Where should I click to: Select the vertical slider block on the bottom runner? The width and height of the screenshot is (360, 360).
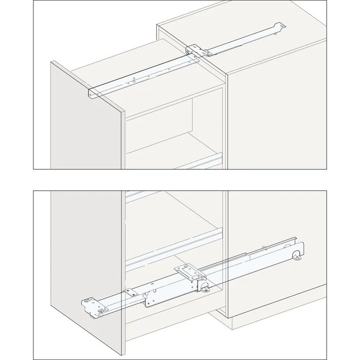tap(195, 281)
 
